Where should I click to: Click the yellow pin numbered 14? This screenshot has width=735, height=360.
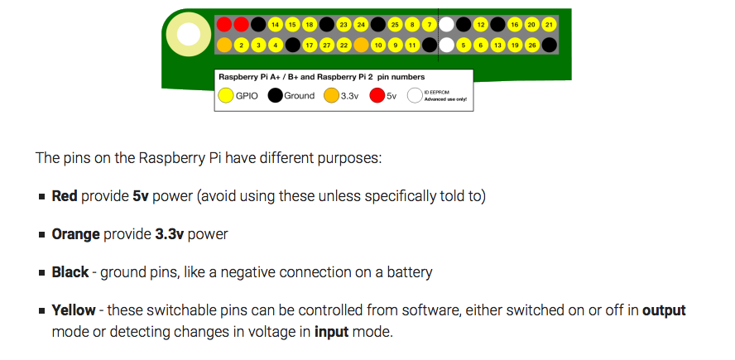point(275,25)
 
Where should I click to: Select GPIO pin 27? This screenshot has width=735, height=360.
point(326,44)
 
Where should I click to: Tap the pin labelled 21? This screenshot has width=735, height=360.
point(548,25)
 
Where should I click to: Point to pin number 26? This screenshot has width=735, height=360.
point(531,44)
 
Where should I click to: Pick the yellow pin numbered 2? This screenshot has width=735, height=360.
point(241,44)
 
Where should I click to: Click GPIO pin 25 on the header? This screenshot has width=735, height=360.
point(395,25)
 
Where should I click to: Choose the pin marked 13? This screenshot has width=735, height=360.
point(497,44)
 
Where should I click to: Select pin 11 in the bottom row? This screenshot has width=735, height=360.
point(411,44)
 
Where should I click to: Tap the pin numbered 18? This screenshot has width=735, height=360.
point(309,25)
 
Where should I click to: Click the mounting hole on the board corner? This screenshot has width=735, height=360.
point(188,34)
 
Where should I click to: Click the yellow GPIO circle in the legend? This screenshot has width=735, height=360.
point(225,96)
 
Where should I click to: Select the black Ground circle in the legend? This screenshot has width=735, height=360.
point(275,96)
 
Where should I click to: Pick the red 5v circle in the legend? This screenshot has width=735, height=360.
point(377,96)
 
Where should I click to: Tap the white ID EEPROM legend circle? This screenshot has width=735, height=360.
point(415,96)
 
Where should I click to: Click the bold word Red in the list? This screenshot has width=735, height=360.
point(65,196)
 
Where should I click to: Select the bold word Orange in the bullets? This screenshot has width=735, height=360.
point(75,234)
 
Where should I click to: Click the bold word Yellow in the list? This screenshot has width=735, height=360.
point(74,310)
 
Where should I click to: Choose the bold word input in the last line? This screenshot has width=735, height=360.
point(331,332)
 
